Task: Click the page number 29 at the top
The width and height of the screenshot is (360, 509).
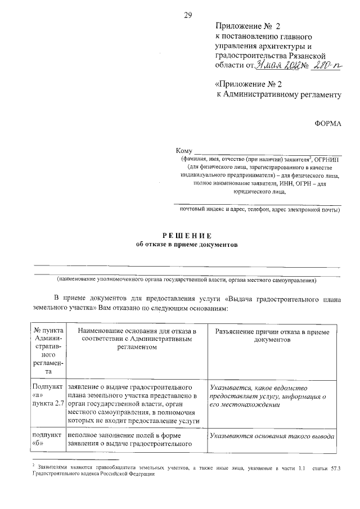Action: click(x=188, y=15)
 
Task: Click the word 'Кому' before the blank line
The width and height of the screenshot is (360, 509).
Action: click(x=184, y=151)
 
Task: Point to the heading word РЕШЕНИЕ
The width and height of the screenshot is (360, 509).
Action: click(x=187, y=235)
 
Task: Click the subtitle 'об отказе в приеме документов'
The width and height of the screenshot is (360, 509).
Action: click(x=187, y=245)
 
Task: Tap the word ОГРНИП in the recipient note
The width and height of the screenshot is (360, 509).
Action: click(x=327, y=159)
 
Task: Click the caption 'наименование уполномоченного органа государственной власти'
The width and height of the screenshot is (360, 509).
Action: click(x=186, y=280)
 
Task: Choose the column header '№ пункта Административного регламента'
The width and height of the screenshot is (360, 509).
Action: click(x=48, y=351)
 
